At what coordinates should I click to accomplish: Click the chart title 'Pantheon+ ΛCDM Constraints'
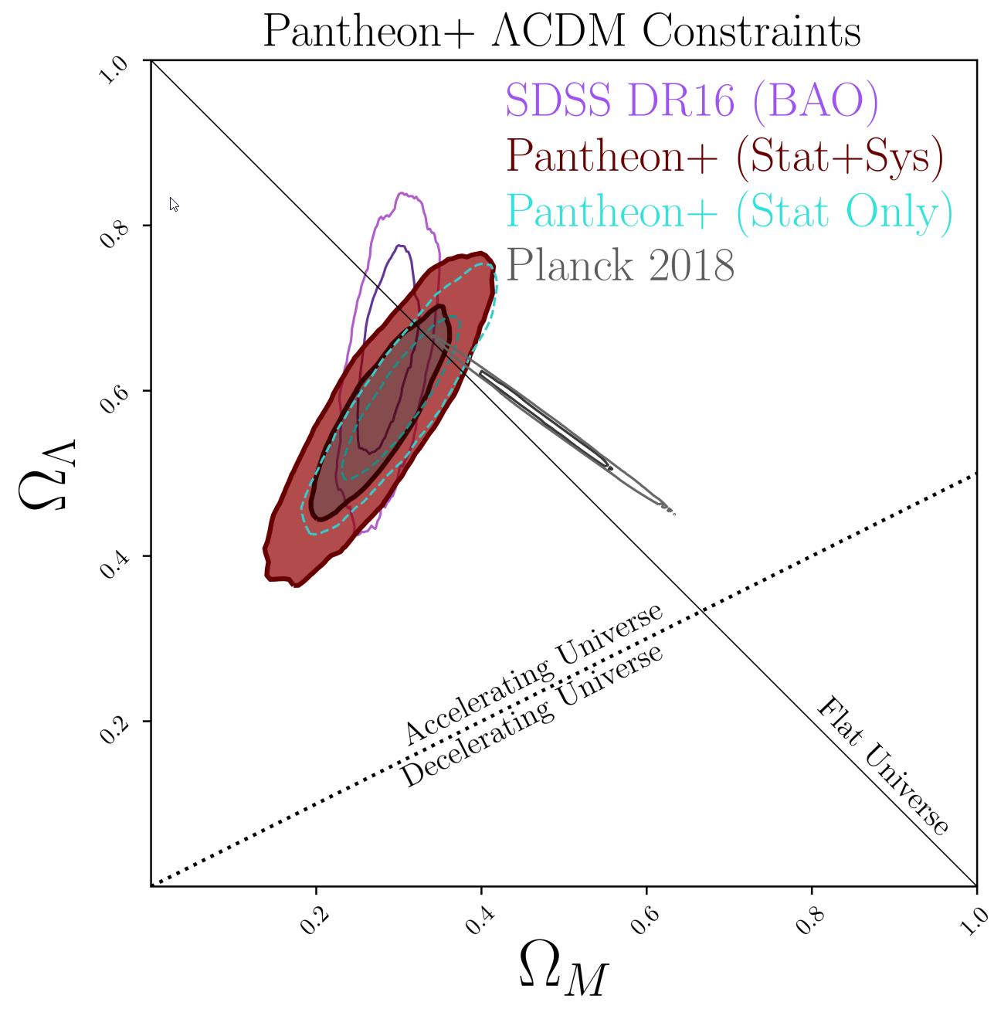[x=561, y=32]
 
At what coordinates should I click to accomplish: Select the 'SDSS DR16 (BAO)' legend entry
[x=692, y=102]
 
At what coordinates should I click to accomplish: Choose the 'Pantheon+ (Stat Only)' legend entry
[x=729, y=211]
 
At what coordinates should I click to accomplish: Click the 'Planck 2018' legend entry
[x=621, y=265]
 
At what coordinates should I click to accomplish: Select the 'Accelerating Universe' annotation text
[x=533, y=674]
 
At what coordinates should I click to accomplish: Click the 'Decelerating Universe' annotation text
[x=533, y=716]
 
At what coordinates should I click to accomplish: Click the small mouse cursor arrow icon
[x=174, y=205]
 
